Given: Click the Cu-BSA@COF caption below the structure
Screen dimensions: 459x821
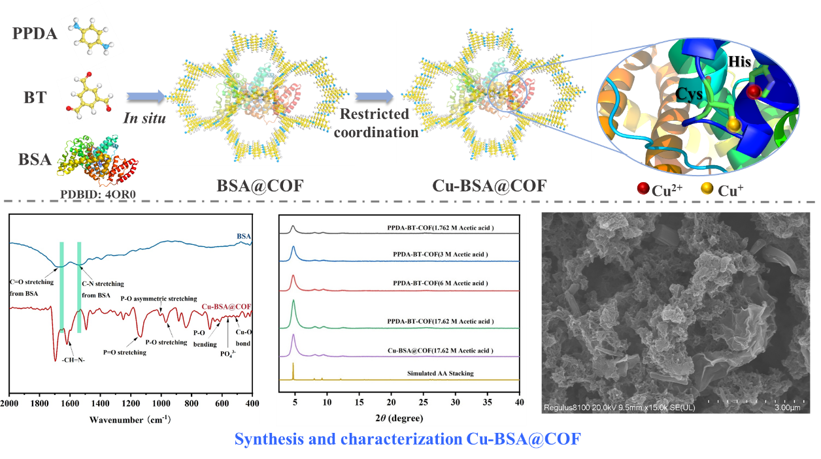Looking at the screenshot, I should click(x=489, y=185).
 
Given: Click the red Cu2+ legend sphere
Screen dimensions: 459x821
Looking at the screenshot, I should click(x=643, y=189).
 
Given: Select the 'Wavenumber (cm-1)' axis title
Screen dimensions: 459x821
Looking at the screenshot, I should click(x=131, y=418).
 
